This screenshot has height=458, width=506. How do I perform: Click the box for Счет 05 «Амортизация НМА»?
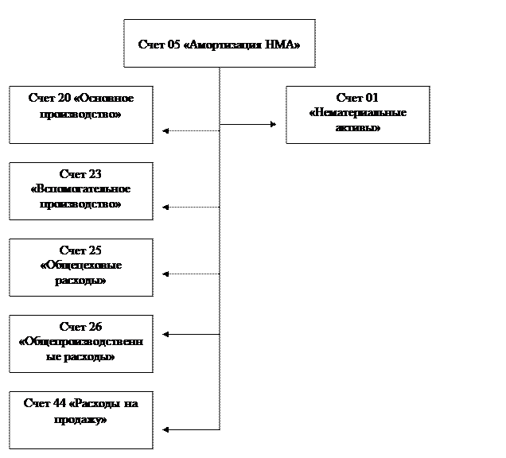(x=219, y=44)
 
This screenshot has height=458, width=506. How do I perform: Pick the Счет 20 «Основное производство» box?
(x=80, y=115)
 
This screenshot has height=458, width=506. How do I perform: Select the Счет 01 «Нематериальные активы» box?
(x=357, y=115)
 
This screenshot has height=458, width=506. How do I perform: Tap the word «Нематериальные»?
(x=358, y=113)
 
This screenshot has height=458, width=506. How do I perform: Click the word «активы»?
(x=358, y=127)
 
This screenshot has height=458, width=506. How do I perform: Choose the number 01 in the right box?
(x=369, y=98)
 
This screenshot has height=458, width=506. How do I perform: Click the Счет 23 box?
(x=80, y=191)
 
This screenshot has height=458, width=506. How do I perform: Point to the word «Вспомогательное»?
(x=80, y=188)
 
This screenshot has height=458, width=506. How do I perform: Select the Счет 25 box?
(x=80, y=267)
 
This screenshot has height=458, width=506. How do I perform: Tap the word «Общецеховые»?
(x=80, y=266)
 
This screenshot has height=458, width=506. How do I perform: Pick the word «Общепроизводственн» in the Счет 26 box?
(x=80, y=342)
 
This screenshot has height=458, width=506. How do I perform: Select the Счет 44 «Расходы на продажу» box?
(x=80, y=420)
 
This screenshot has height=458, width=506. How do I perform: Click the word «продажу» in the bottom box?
(x=80, y=418)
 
